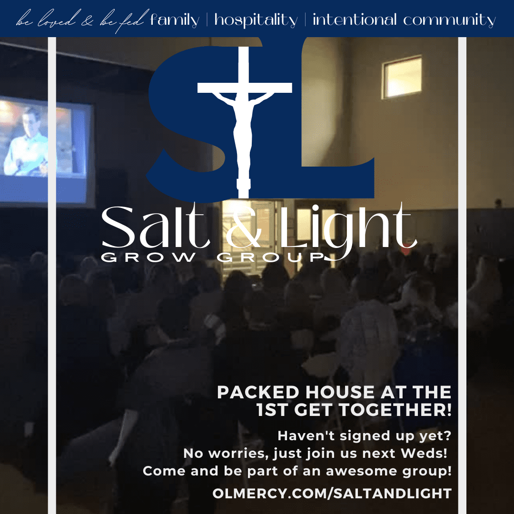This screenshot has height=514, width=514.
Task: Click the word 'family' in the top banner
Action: pyautogui.click(x=174, y=20)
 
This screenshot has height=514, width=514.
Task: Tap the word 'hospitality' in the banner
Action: pyautogui.click(x=256, y=20)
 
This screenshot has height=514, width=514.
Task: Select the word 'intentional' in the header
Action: pyautogui.click(x=355, y=19)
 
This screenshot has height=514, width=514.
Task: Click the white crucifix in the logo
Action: pyautogui.click(x=244, y=122)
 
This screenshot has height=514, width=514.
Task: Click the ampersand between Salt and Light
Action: pyautogui.click(x=244, y=229)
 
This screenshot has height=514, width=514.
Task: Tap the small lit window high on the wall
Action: pyautogui.click(x=402, y=78)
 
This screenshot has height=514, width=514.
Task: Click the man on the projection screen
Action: pyautogui.click(x=27, y=142)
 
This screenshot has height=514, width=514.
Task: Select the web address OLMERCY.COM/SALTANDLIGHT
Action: pyautogui.click(x=332, y=494)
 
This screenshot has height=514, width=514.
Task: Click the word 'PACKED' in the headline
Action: pyautogui.click(x=258, y=392)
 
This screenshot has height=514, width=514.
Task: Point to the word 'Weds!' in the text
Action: pyautogui.click(x=424, y=454)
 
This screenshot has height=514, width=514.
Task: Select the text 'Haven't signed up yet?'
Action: pyautogui.click(x=365, y=436)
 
